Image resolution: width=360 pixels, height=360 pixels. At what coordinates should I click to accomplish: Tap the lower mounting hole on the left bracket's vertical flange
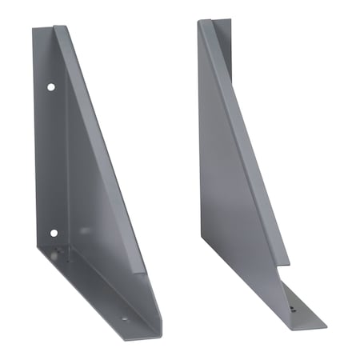click(x=53, y=234)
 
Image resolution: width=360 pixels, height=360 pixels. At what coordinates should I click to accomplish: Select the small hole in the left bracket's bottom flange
click(x=123, y=318)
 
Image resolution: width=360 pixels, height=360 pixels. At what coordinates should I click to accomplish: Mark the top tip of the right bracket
click(x=201, y=21)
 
